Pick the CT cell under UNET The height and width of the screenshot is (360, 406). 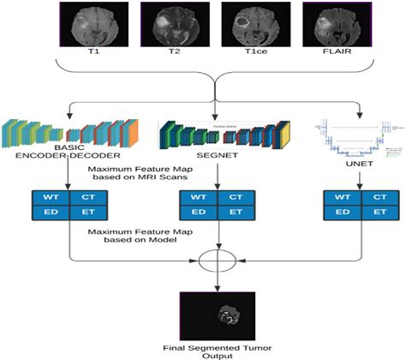coord(374,198)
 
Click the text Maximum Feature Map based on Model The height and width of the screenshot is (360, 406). coord(133,237)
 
